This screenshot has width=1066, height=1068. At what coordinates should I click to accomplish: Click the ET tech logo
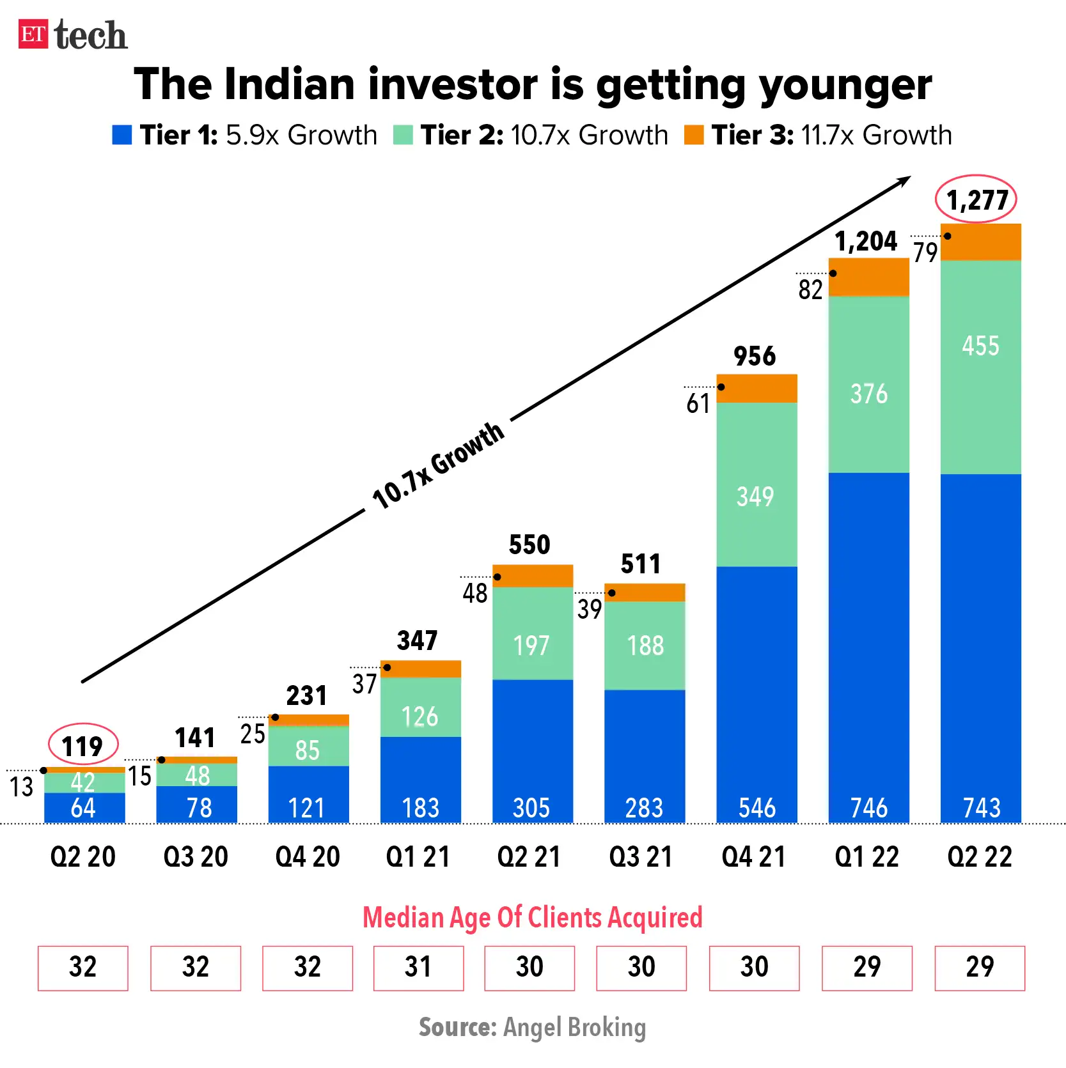click(72, 35)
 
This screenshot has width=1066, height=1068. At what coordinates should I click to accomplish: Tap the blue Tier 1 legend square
click(121, 135)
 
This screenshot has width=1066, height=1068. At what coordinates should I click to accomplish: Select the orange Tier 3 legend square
click(693, 135)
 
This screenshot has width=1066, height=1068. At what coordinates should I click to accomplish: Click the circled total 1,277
click(976, 199)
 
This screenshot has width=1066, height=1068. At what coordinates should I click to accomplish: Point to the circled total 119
click(83, 745)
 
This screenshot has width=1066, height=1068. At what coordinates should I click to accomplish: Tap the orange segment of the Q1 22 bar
click(868, 277)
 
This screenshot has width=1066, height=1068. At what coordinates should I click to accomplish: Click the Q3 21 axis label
click(641, 856)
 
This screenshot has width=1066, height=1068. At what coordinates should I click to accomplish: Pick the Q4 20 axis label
click(308, 856)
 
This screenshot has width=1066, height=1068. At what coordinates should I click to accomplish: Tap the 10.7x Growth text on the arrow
click(438, 466)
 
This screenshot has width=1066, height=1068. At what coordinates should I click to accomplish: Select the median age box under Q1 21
click(418, 968)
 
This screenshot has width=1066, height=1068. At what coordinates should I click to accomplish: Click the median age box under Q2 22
click(979, 968)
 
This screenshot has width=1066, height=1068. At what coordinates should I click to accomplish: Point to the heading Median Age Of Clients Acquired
click(532, 917)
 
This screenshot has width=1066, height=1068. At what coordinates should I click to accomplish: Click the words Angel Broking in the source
click(574, 1027)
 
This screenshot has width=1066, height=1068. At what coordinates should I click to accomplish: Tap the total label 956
click(755, 356)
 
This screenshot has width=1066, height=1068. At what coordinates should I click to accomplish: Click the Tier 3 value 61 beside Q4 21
click(698, 404)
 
